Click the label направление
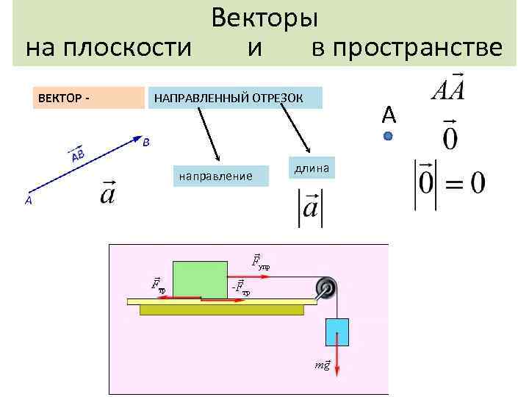215,176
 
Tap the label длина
311,168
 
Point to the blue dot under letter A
388,136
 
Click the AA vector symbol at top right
449,89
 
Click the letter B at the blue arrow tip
146,143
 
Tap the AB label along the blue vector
76,154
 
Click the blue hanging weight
337,332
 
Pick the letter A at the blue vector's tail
28,200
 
